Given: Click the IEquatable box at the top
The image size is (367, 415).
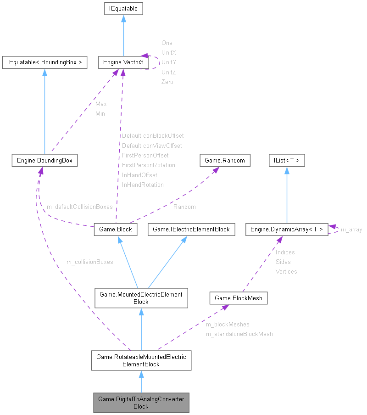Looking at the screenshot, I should (x=124, y=8).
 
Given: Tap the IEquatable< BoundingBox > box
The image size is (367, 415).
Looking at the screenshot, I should (x=44, y=62).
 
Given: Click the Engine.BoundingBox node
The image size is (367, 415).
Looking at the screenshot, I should (x=44, y=160).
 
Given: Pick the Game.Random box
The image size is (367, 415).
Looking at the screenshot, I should (x=225, y=160).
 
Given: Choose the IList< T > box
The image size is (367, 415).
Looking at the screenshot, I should (x=287, y=160).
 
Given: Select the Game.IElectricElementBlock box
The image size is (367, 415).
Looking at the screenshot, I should (x=191, y=229).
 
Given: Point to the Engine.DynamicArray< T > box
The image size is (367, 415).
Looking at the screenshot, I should (x=287, y=229).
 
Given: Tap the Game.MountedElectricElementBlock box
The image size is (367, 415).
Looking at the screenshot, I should (x=141, y=298).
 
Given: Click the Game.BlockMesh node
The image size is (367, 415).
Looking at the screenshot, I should (x=239, y=298).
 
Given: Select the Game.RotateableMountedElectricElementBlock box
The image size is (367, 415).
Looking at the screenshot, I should (x=141, y=360).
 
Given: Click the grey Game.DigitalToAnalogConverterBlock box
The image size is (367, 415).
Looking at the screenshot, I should (x=141, y=403).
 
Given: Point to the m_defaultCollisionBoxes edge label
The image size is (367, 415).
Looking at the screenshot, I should (x=80, y=207).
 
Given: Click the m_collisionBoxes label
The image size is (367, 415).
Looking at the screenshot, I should (x=90, y=262).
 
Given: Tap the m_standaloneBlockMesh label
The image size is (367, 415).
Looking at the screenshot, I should (x=239, y=334).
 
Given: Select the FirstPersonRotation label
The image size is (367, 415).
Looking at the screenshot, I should (x=149, y=165).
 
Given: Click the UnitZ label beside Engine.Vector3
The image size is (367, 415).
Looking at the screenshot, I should (x=169, y=72).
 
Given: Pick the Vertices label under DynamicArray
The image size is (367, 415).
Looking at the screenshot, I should (x=286, y=272).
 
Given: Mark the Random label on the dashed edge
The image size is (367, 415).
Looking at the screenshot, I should (x=184, y=207).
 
